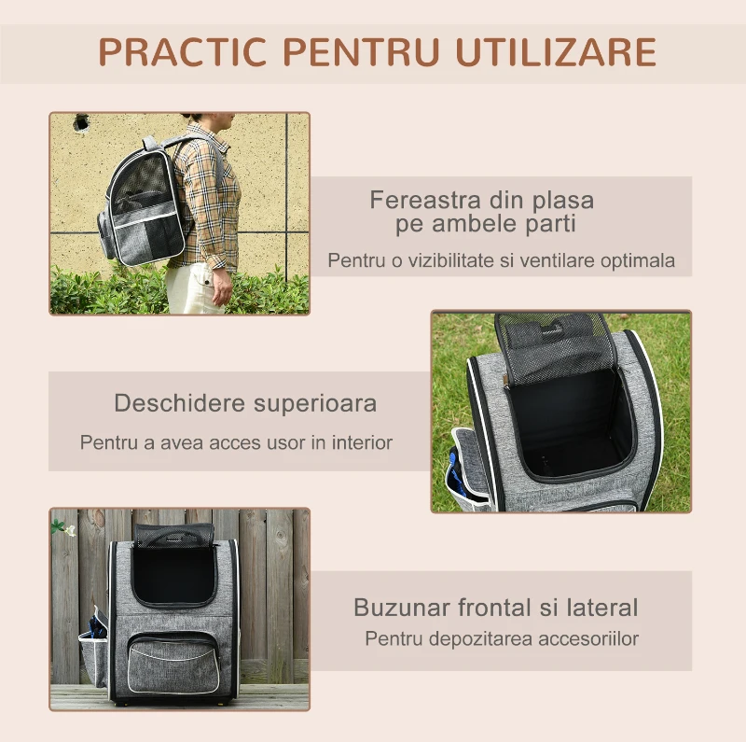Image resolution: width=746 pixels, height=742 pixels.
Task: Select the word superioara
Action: [315, 404]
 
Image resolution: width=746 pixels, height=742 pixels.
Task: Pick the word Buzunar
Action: [402, 608]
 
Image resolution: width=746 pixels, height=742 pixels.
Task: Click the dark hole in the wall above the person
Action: [82, 121]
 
